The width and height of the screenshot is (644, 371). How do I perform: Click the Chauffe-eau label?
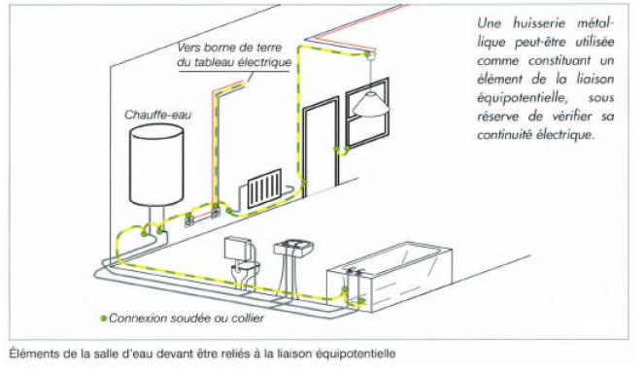[157, 115]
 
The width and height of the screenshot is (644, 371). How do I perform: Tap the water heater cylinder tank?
[156, 164]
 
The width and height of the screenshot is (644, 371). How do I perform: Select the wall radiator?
[265, 188]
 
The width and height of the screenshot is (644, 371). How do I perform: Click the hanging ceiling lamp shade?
[370, 104]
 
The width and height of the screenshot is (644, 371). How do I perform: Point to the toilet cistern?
[238, 249]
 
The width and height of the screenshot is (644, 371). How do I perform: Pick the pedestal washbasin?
[293, 249]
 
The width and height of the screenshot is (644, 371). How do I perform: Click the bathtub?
[390, 276]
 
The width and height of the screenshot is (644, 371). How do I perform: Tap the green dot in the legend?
[104, 318]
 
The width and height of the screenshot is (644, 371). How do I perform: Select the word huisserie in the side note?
[538, 23]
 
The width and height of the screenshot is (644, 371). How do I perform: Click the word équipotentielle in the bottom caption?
[356, 354]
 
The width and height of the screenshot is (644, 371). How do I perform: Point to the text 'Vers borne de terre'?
[229, 48]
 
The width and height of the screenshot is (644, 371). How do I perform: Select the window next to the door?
[367, 112]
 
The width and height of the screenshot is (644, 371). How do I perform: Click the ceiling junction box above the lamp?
[370, 55]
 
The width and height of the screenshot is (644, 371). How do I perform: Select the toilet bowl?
[245, 272]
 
